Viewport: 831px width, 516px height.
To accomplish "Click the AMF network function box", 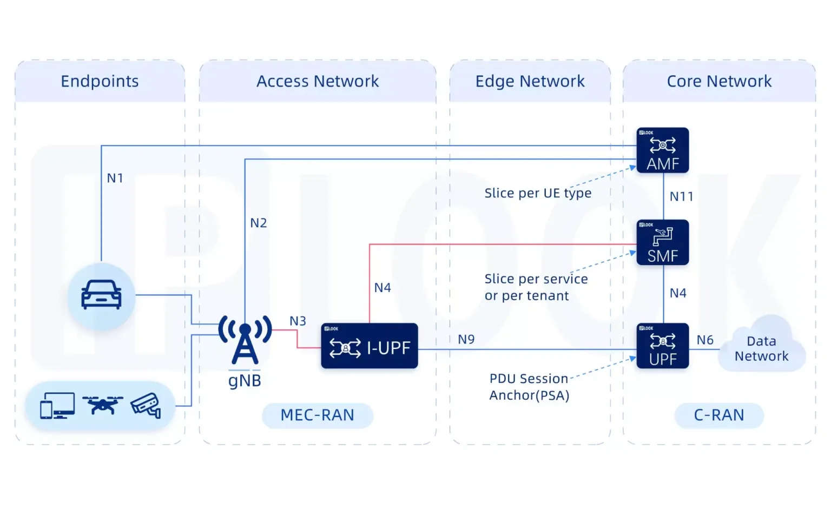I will (x=662, y=150).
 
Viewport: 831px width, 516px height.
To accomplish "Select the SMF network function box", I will (x=662, y=242).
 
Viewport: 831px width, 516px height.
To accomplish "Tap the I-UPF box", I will (x=369, y=346).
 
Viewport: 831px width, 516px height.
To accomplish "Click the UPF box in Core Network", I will (x=662, y=346).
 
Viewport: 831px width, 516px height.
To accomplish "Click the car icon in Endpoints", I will (x=101, y=295).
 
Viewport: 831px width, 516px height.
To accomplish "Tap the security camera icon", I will (x=146, y=405).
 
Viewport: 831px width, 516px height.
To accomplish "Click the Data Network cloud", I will (x=761, y=348).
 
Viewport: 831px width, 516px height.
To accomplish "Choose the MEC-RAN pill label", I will (x=317, y=415).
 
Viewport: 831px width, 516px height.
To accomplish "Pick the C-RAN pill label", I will (x=718, y=415).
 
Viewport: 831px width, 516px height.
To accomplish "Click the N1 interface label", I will (x=115, y=178).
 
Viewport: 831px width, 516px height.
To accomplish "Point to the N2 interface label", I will (x=258, y=223).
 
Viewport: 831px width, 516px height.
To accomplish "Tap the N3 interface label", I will (x=298, y=321).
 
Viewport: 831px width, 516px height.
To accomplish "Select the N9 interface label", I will (x=466, y=339).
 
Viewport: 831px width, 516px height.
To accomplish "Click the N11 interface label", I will (x=681, y=196).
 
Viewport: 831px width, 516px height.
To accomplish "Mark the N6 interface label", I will (x=704, y=340).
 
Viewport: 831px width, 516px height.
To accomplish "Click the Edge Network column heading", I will (x=530, y=81).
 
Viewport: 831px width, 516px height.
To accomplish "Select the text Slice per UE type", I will (x=538, y=193).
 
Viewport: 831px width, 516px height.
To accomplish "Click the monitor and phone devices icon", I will (x=57, y=406).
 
